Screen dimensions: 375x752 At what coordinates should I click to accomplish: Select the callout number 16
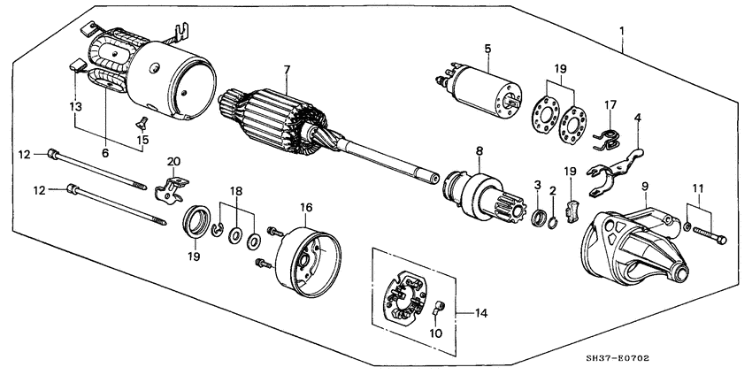(x=306, y=207)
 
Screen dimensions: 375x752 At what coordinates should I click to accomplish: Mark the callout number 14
(x=481, y=312)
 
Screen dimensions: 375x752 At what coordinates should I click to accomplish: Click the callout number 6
(x=104, y=153)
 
